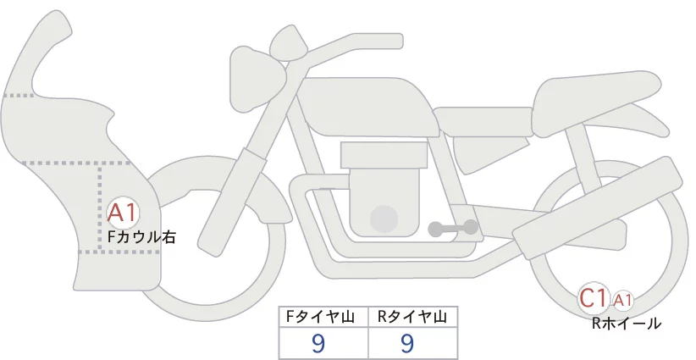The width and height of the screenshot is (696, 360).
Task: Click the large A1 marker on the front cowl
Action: pos(123,213)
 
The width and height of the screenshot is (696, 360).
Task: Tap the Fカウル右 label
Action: pos(142,237)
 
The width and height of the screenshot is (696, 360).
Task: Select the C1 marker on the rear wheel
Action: pos(593,298)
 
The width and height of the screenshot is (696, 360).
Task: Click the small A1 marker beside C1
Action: pos(622,301)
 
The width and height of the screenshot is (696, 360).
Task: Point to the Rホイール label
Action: pos(627,324)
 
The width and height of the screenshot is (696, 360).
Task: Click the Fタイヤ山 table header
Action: pos(320,317)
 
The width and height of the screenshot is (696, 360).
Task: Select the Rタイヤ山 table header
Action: pos(412,317)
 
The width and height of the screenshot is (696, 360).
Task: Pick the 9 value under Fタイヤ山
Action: pos(318,343)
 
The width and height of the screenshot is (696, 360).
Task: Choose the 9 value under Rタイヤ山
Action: pos(407,343)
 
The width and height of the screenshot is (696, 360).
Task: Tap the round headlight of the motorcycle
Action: pos(258,80)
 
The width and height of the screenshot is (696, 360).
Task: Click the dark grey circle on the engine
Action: pos(384,219)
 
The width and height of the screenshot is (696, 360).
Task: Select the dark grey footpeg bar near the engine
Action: pos(453,228)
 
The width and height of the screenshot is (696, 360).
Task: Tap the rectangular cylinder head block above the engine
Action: pos(384,155)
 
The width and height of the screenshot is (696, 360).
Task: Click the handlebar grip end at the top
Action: pos(393,42)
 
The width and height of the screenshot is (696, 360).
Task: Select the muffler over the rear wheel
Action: pos(597,208)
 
